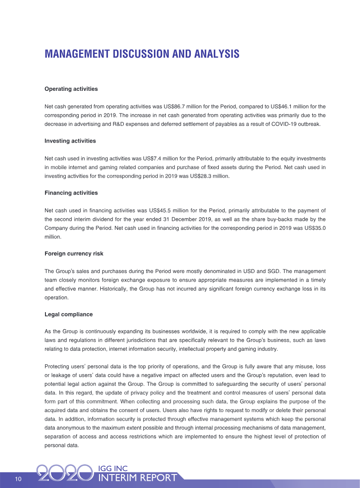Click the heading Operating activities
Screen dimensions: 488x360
coord(71,89)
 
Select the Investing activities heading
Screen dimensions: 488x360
coord(70,141)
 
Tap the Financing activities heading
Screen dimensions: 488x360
coord(71,193)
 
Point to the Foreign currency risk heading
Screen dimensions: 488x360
coord(74,254)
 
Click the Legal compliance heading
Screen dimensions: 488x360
coord(68,314)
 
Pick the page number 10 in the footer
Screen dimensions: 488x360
coord(18,479)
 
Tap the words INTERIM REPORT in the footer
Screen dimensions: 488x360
coord(137,478)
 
